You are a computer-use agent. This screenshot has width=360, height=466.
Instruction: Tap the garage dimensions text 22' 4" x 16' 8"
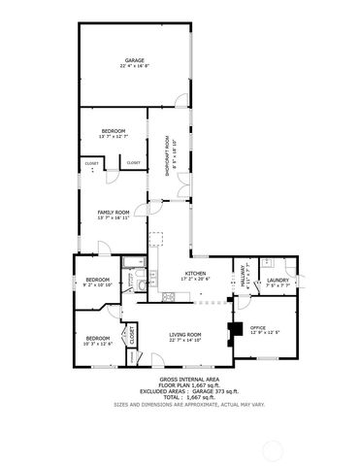(134, 66)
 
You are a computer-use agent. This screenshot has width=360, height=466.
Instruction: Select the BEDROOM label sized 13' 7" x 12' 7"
(113, 130)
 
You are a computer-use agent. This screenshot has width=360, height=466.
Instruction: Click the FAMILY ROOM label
(113, 213)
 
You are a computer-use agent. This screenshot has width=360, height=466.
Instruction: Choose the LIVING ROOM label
(185, 334)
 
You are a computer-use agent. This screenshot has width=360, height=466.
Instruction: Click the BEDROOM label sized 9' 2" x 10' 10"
(97, 282)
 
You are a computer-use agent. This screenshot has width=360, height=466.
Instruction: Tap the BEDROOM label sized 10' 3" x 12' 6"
(97, 339)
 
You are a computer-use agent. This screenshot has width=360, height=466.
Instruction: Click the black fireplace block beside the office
(233, 332)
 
